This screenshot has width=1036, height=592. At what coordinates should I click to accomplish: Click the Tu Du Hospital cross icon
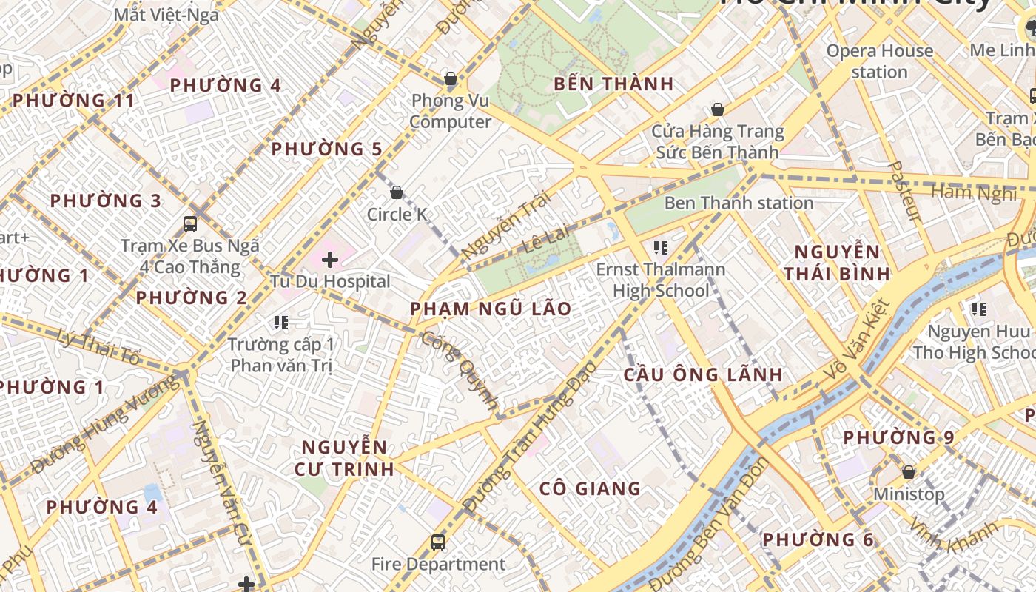point(330,260)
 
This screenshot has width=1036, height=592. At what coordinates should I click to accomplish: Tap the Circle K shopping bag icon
point(397,192)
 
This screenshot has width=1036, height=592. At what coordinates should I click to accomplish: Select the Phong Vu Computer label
point(451,111)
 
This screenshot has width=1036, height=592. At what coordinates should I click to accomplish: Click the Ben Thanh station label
point(739,203)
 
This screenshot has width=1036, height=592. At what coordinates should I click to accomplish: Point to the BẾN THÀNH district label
point(613,84)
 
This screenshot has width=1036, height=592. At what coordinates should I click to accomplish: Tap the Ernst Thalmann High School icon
point(661,247)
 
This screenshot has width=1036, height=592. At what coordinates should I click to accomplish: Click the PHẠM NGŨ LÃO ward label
point(491,309)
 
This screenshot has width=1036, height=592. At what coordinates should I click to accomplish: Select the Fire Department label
point(438,564)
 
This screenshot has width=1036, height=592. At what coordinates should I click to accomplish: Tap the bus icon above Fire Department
point(438,542)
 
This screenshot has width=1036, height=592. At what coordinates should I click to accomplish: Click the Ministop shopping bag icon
point(909,472)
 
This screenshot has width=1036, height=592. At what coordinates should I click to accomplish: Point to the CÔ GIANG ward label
point(590,488)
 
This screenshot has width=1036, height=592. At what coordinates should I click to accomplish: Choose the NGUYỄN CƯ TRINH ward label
point(344,458)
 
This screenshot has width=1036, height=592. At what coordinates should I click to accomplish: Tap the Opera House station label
point(879,61)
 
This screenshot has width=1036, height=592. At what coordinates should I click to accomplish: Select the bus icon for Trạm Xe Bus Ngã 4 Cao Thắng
point(190,223)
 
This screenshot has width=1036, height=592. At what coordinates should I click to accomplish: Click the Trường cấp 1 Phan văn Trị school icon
point(280,322)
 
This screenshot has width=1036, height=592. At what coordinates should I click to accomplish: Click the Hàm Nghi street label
point(973,193)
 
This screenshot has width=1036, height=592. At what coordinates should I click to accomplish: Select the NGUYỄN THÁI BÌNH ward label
point(837,263)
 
